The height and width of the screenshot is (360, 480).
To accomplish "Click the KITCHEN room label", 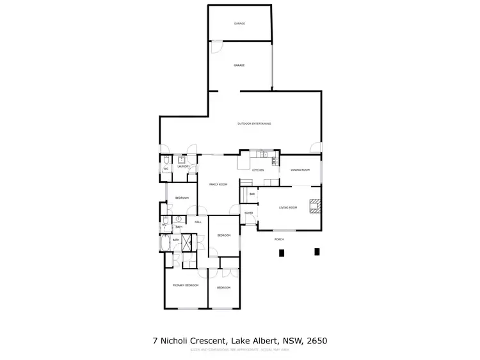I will click(258, 170).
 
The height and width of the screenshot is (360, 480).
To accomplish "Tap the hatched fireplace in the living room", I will click(314, 205).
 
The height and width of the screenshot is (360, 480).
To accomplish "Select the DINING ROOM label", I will click(300, 170).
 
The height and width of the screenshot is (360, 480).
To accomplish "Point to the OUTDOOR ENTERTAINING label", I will click(254, 123).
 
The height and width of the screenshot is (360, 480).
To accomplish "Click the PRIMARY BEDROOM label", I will click(186, 285).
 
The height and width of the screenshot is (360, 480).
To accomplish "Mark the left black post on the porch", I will click(281, 253).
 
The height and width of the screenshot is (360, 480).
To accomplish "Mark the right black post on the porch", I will click(316, 252).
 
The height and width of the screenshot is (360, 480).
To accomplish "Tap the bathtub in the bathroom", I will click(166, 246).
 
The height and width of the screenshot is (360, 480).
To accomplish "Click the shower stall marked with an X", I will click(188, 243).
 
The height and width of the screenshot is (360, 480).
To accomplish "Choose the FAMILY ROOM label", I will click(218, 184).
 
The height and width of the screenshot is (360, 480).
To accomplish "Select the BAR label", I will click(252, 194).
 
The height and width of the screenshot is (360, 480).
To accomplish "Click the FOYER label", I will click(248, 213).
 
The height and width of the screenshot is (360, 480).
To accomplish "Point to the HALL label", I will click(198, 222).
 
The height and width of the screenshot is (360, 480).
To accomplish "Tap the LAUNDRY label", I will click(184, 166).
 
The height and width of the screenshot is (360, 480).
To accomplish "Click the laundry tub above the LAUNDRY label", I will click(182, 160).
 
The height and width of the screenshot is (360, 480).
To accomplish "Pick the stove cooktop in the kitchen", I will click(275, 160).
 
